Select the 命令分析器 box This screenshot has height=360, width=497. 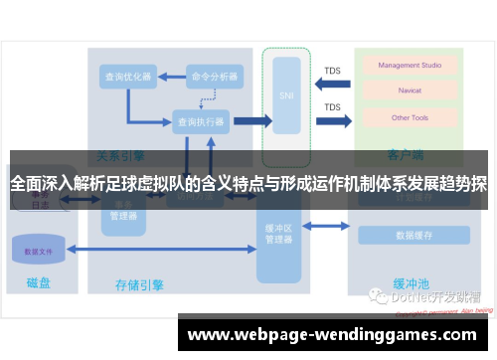point(215,76)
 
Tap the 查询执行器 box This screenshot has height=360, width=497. point(200,121)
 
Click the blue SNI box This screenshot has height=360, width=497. point(286,95)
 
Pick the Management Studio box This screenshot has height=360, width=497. point(411,66)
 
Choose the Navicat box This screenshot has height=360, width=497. point(411,91)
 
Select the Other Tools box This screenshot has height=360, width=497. point(411,117)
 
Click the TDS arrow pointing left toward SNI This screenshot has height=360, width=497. point(331,84)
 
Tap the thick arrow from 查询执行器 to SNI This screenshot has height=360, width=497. point(250,121)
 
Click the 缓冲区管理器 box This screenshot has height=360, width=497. point(279,233)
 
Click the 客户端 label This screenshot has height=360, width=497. point(406,156)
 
